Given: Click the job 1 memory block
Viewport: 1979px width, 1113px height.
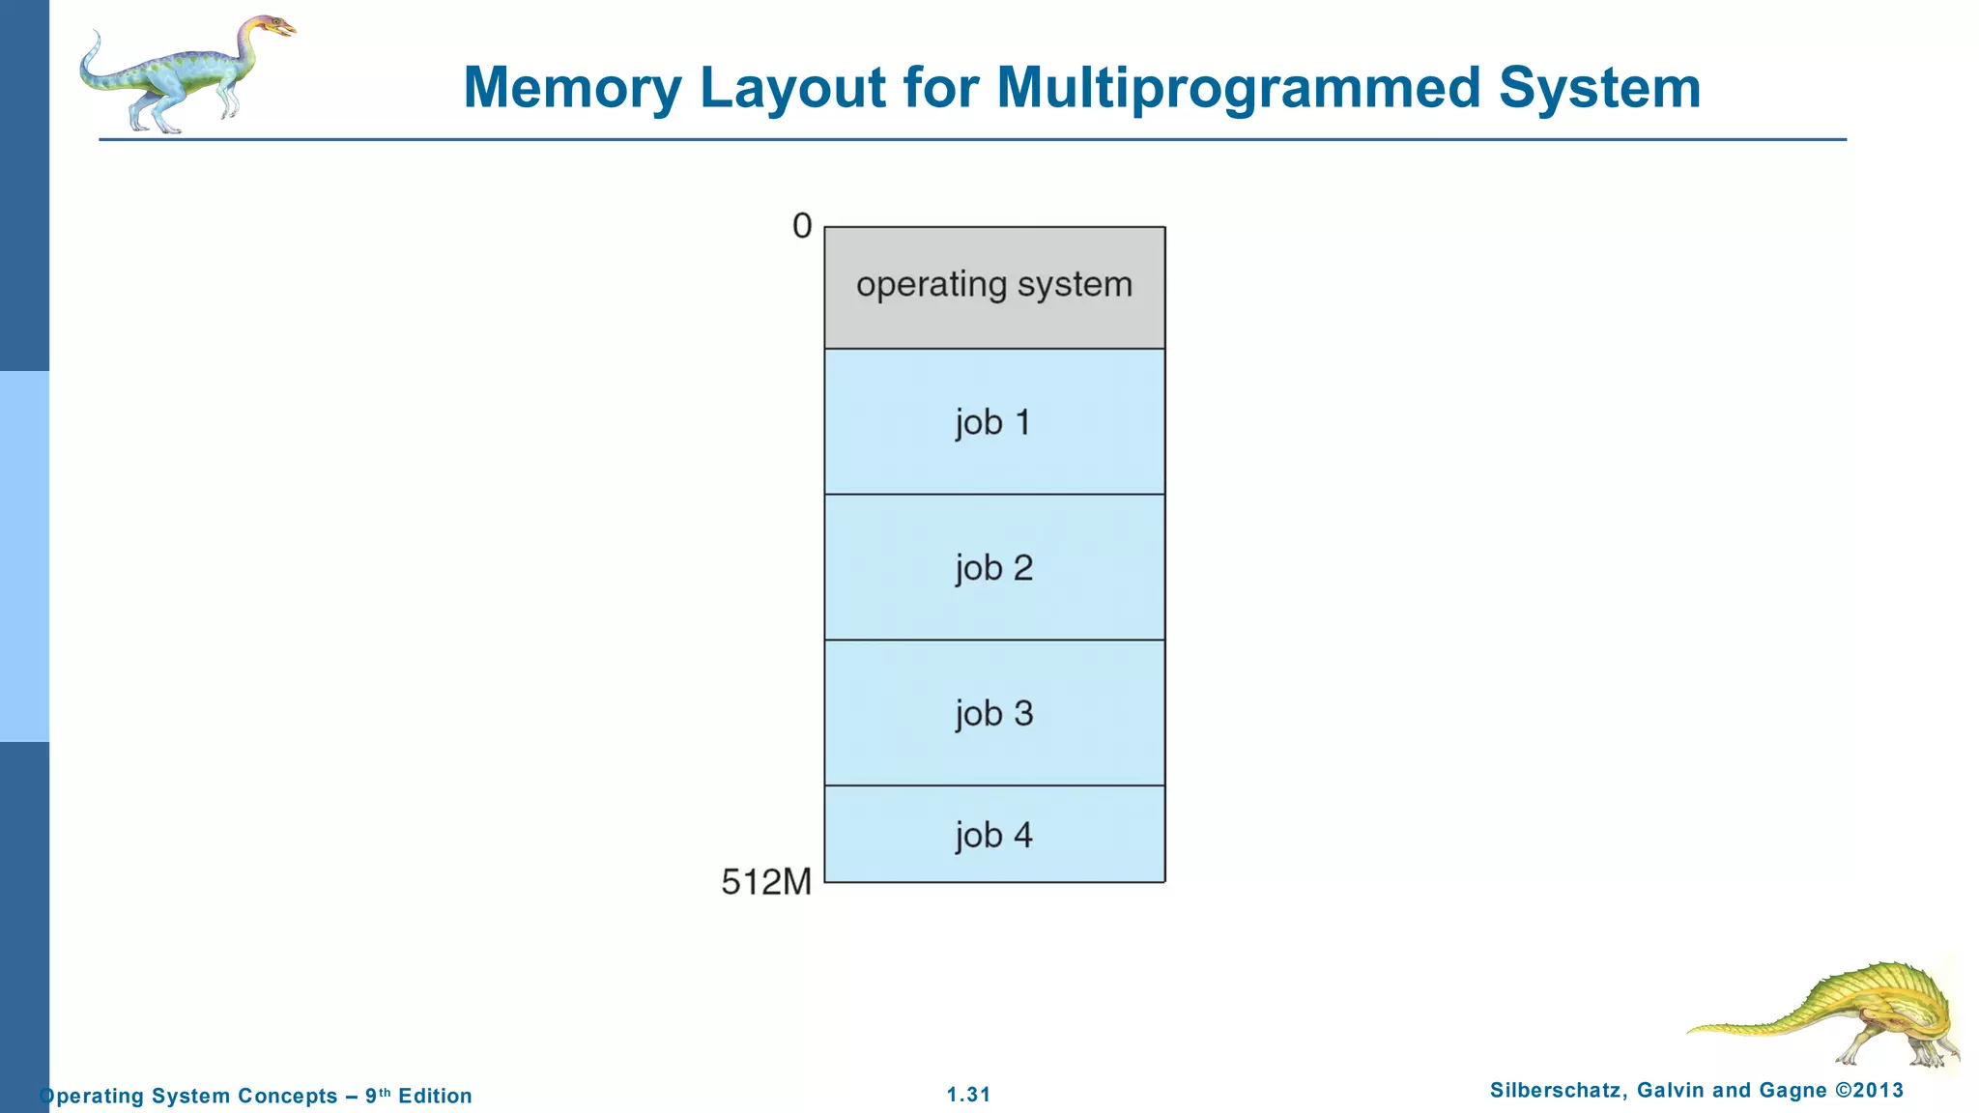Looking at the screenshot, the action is click(994, 422).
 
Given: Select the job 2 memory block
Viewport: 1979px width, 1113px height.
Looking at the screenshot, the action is click(994, 568).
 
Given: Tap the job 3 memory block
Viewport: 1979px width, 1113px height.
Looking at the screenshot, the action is click(994, 713).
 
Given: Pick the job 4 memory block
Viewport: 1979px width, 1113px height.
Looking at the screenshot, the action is click(994, 834).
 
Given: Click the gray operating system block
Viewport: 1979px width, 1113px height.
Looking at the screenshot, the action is click(994, 287).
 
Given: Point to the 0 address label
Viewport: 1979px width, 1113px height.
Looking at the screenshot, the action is click(802, 226).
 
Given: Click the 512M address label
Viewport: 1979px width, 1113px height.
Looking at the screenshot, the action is click(766, 881).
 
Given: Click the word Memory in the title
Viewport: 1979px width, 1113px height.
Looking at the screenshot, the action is click(573, 88).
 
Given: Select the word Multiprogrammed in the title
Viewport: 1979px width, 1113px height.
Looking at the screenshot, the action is click(1238, 88).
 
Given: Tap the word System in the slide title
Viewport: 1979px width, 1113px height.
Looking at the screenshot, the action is click(1599, 88).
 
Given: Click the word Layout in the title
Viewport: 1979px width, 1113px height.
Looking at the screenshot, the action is click(792, 88).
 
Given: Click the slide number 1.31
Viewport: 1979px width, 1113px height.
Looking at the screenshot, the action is click(968, 1095).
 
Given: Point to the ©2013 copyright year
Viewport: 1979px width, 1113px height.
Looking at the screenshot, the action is click(1869, 1091).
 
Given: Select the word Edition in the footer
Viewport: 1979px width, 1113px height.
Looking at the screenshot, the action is click(435, 1096).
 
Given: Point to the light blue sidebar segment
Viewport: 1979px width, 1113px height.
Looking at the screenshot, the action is click(24, 556).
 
